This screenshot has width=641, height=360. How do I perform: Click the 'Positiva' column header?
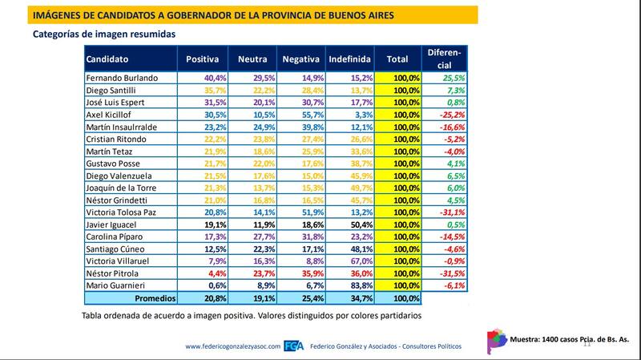tap(203, 59)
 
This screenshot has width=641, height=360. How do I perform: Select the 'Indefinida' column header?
tap(349, 59)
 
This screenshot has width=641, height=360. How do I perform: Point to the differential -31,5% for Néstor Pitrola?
tap(452, 273)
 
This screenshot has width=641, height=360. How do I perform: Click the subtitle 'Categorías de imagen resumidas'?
tap(104, 34)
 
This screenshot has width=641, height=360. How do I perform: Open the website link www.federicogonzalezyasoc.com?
tap(232, 346)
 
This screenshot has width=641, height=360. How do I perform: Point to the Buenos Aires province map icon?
tap(497, 338)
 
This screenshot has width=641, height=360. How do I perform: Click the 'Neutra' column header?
tap(253, 59)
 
